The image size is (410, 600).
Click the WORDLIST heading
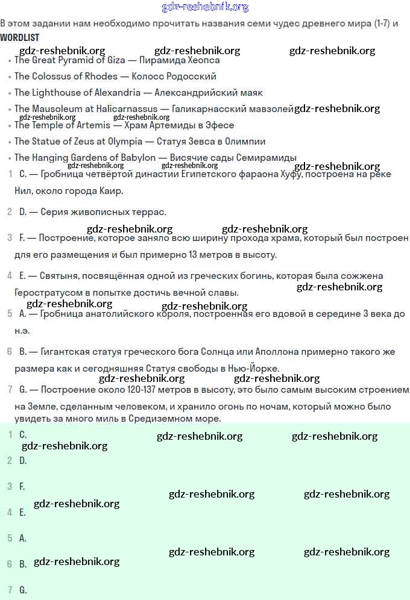pos(20,37)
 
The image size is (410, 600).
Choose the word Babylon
pos(137,158)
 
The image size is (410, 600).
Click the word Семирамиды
pos(267,158)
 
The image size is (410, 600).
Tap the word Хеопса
pos(201,60)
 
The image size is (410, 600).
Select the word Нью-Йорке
pos(255,368)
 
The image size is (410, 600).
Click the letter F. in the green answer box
pos(22,486)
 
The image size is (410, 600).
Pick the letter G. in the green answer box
pos(23,590)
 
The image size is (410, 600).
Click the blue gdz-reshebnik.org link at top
pos(205,7)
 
